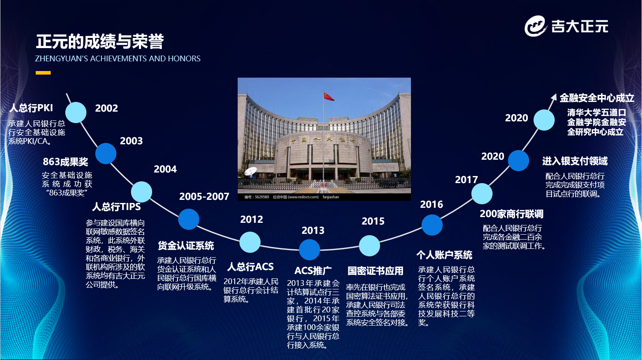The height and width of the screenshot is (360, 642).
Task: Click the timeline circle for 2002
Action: tap(76, 112)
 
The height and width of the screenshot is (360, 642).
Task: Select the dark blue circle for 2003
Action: tap(106, 154)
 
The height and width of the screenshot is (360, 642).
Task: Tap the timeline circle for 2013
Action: tap(309, 250)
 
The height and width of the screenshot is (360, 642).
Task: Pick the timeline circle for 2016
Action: tap(432, 225)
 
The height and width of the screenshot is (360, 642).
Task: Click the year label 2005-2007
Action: tap(204, 196)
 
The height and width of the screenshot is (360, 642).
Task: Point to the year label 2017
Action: tap(467, 180)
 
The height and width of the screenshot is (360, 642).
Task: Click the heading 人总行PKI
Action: tap(31, 108)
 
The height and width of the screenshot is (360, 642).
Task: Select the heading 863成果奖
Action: tap(65, 162)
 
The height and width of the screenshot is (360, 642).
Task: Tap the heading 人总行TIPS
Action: tap(116, 206)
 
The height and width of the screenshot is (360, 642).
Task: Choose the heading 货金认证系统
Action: tap(186, 246)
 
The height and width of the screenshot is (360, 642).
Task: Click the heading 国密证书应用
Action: tap(375, 271)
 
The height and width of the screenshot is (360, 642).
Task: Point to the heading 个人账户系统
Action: tap(444, 255)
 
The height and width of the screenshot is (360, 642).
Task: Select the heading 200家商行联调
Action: tap(511, 214)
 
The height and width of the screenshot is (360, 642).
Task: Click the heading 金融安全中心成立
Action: tap(597, 98)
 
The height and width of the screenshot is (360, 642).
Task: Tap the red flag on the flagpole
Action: tap(328, 96)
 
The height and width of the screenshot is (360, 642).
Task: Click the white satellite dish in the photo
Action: tap(250, 171)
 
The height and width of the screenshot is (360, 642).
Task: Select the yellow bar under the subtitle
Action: tap(43, 73)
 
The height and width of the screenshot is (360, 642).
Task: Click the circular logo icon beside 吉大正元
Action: tap(535, 26)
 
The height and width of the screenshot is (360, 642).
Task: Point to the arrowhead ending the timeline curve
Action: tap(554, 97)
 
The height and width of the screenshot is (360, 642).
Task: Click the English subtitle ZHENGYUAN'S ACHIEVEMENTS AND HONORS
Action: tap(118, 59)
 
